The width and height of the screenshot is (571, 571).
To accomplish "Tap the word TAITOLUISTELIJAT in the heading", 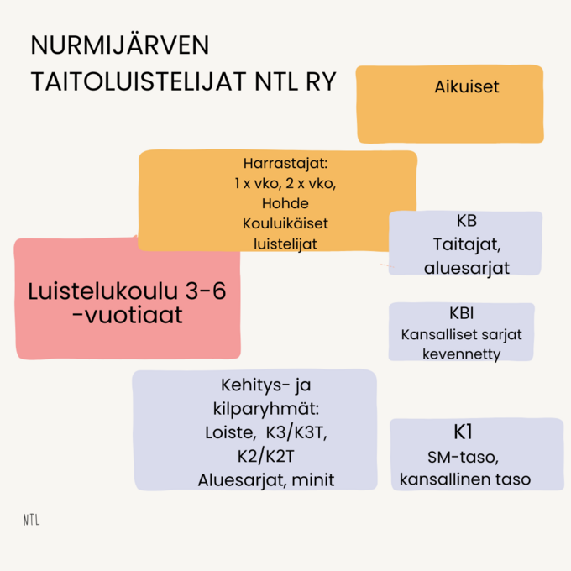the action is pos(139,81).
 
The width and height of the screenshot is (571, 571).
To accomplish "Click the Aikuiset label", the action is pos(467,86).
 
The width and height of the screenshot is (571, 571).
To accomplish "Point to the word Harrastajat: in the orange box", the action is pos(285,164).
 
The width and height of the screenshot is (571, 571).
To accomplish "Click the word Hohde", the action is pos(285,203).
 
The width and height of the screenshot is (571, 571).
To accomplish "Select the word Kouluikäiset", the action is pos(285,223).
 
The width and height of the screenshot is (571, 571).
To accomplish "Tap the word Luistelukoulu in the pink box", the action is pos(102,291).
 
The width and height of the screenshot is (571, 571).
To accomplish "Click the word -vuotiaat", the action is pos(127,315).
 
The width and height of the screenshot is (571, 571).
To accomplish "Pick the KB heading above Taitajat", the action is pos(467,221).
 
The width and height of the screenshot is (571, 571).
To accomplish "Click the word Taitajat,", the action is pos(467,244).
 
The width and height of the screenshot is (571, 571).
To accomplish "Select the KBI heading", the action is pos(461,313).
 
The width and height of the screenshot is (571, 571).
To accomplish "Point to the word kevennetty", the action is pos(461,354).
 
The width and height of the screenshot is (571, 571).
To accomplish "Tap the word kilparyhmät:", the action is pos(266,409).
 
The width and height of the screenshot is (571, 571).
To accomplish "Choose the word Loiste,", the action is pos(231,432).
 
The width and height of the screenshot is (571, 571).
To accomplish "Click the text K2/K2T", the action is pos(266,456).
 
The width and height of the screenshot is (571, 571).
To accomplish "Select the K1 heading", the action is pos(463,432).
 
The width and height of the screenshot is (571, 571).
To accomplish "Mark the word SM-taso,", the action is pos(463,458).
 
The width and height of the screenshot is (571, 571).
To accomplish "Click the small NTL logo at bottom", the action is pos(32,520).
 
